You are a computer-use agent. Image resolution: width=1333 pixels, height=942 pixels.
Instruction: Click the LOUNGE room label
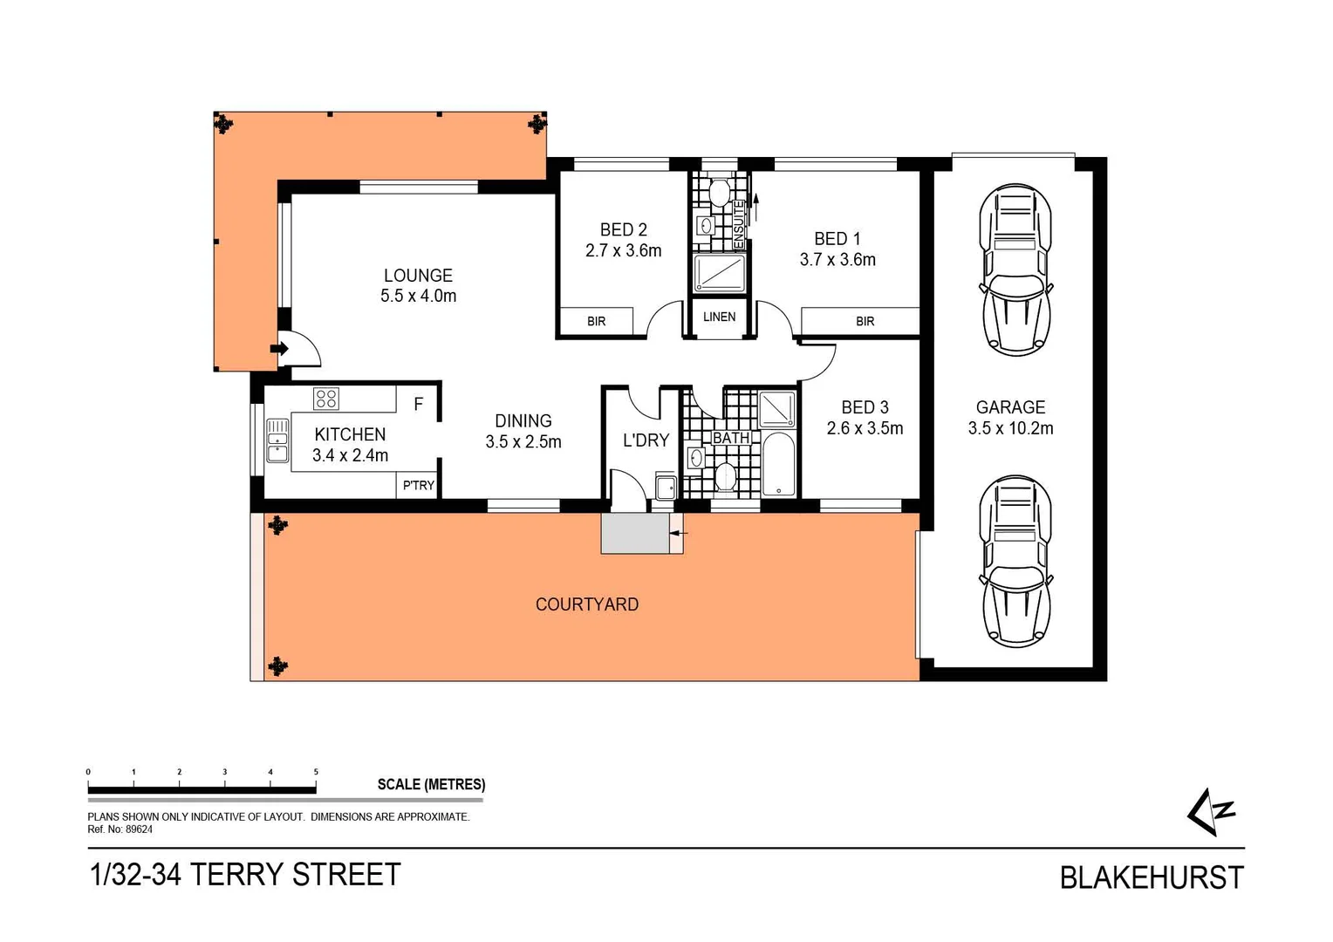click(418, 276)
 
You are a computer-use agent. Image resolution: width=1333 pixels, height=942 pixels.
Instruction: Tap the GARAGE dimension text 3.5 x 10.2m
click(1010, 428)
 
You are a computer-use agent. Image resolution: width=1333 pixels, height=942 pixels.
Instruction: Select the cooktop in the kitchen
click(326, 399)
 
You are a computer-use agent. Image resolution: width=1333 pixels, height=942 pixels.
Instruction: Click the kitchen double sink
click(277, 440)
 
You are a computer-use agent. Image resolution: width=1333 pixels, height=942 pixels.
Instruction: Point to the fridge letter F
click(419, 405)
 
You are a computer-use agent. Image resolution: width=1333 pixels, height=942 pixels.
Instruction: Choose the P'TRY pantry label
click(419, 486)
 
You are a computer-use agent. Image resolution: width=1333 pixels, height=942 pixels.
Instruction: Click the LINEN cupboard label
click(719, 317)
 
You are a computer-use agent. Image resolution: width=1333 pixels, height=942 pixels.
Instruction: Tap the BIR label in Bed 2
click(596, 321)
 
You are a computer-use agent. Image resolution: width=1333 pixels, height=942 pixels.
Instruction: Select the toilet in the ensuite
click(720, 192)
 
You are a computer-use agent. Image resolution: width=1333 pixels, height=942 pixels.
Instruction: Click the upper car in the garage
click(1015, 269)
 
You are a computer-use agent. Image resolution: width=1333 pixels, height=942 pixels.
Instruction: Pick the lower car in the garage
click(1015, 561)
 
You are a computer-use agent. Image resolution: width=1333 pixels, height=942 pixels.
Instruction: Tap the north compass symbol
click(1212, 812)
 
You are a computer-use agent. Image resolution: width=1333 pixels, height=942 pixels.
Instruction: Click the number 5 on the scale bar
click(316, 772)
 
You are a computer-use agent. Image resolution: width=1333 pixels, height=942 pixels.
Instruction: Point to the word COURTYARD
click(587, 604)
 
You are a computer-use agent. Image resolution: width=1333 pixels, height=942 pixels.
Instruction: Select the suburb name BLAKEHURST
click(1152, 877)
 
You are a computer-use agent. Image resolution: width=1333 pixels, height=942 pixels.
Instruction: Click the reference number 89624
click(140, 829)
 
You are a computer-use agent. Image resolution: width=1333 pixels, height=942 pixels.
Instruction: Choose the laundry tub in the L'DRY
click(666, 487)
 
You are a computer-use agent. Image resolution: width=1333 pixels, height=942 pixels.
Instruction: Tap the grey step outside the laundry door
click(635, 534)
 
